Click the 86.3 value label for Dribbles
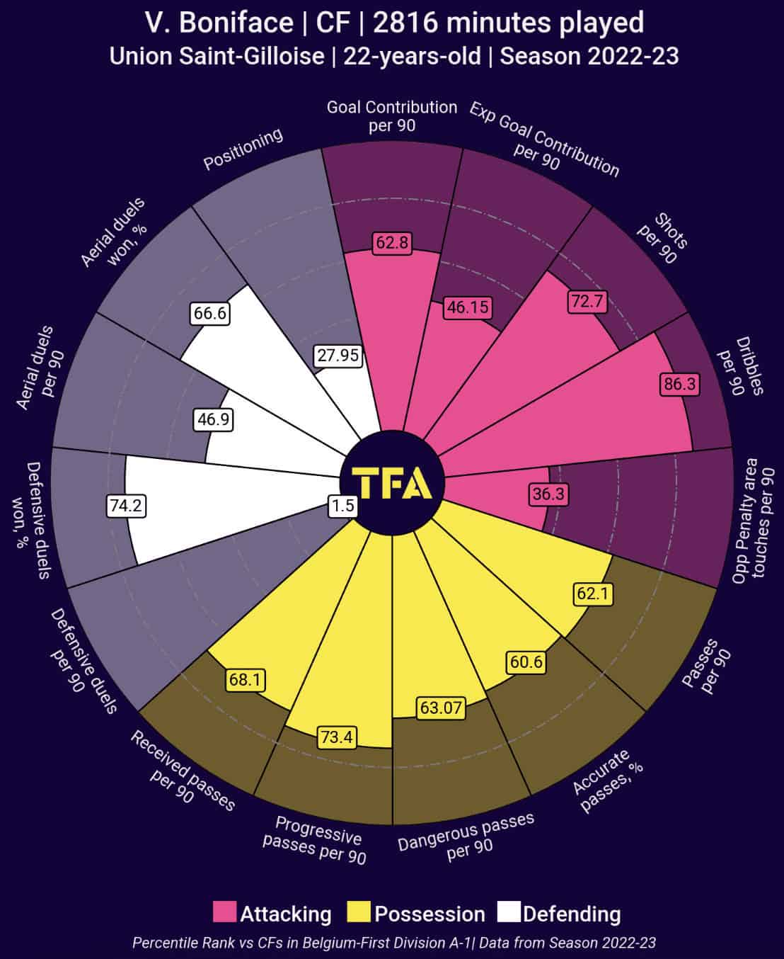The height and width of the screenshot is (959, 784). [x=679, y=385]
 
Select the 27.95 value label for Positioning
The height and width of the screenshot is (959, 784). [x=338, y=355]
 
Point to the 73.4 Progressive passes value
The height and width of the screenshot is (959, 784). [x=337, y=737]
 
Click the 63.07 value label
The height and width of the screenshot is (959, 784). [x=440, y=708]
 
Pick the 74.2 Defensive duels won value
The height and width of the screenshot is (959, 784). [x=127, y=506]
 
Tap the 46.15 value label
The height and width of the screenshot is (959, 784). [x=468, y=308]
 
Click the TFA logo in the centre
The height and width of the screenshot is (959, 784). [x=392, y=484]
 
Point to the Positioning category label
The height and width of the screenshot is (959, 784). [x=243, y=149]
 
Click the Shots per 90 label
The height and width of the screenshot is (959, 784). [x=663, y=238]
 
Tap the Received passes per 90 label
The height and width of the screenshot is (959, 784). [x=180, y=771]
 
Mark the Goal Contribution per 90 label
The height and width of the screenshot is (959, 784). [x=392, y=116]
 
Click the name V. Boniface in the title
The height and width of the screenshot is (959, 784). [x=219, y=23]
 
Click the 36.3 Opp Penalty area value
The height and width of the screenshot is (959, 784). [x=548, y=494]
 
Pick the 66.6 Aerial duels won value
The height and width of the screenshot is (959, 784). [x=210, y=313]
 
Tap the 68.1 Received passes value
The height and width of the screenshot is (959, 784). [x=245, y=681]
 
